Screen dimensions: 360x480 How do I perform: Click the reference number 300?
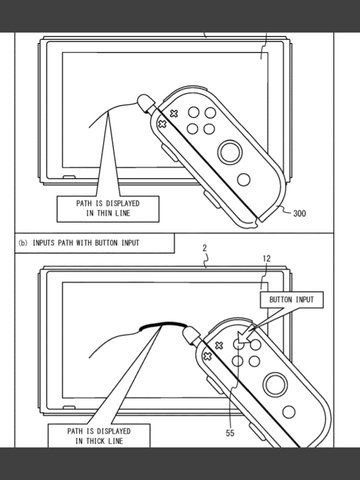299,213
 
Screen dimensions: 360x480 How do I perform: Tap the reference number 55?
230,433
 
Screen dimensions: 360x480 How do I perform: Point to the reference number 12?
267,259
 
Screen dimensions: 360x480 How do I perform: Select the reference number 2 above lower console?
205,248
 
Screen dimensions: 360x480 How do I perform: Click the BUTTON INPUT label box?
292,300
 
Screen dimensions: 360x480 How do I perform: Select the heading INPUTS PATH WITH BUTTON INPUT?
86,243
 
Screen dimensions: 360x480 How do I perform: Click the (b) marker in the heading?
23,243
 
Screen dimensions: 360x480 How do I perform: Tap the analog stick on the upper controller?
230,152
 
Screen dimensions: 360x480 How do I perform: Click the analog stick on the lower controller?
275,384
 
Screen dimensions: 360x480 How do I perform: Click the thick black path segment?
162,324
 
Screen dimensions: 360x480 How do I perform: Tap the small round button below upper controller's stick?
244,180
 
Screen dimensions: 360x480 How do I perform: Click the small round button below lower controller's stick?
289,412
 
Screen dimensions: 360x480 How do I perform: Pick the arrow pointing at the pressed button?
260,326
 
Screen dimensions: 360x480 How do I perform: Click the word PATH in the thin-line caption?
83,203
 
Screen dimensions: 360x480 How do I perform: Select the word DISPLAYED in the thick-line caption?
113,431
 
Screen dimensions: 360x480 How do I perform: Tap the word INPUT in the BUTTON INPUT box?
305,300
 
